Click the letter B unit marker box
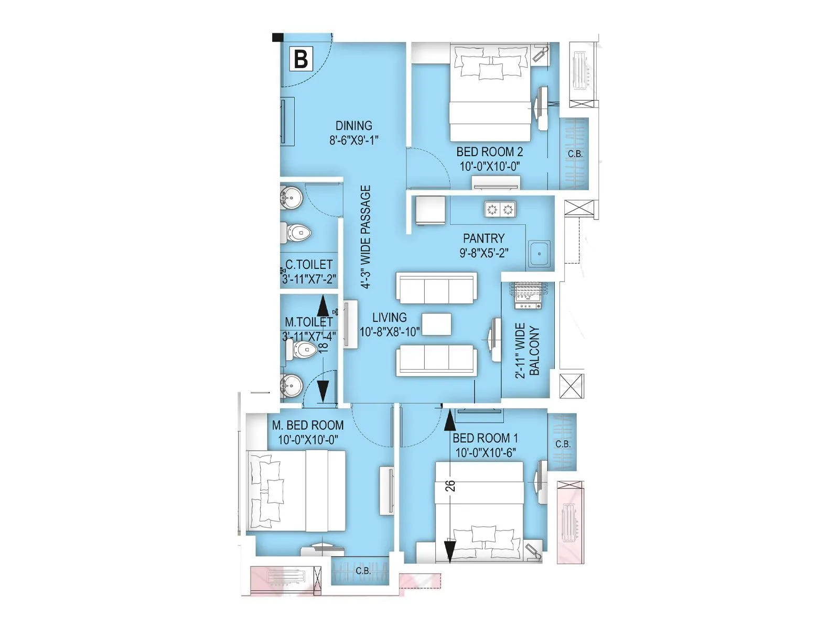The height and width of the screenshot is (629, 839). [301, 59]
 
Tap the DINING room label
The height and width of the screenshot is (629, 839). [354, 126]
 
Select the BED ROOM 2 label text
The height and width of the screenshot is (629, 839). [489, 152]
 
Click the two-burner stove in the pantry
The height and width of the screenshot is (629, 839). [500, 210]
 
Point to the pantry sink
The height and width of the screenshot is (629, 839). [539, 254]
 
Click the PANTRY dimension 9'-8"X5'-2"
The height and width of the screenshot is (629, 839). [483, 253]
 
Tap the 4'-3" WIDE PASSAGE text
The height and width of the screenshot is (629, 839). [365, 237]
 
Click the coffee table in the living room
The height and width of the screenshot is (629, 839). [436, 324]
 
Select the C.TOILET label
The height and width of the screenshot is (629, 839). [308, 265]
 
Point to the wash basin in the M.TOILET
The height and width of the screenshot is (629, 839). [291, 386]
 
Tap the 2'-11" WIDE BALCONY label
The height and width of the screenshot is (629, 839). [526, 350]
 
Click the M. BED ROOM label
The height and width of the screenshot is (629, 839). [308, 425]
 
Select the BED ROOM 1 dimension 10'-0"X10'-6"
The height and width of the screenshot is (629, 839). [486, 452]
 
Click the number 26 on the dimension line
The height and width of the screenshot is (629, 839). [450, 486]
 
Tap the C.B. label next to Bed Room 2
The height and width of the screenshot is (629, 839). [575, 154]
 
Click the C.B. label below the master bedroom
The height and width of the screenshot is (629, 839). [363, 571]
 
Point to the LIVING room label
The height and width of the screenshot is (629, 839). [389, 318]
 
